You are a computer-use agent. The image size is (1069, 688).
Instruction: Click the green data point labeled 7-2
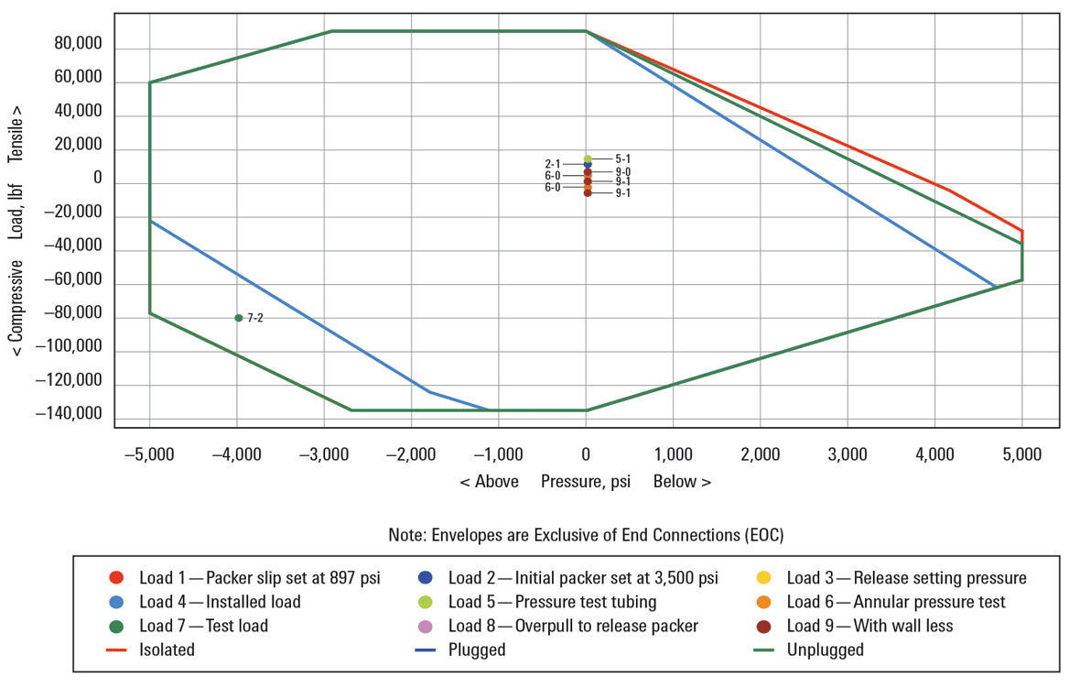point(239,318)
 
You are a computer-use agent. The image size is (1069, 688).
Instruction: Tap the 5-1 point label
point(622,158)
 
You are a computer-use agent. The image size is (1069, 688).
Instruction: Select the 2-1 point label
point(553,164)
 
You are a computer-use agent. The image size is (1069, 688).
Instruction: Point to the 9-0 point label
point(622,171)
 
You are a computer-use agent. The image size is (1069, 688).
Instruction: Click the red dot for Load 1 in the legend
point(115,578)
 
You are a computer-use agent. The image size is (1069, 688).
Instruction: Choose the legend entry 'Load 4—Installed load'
point(220,602)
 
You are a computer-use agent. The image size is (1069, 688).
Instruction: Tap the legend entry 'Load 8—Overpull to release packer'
point(573,626)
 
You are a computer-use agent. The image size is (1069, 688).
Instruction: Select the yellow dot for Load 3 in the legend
point(763,578)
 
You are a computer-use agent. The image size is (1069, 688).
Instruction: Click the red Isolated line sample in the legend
point(115,650)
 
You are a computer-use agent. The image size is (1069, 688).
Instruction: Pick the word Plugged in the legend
point(476,650)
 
